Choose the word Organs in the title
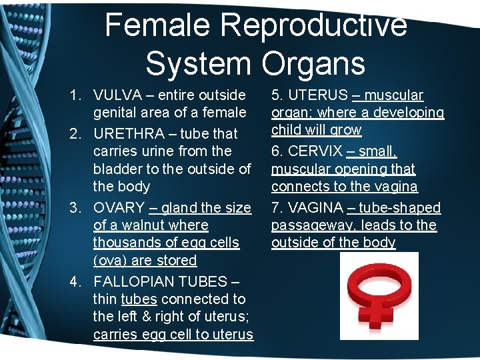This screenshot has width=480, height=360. pyautogui.click(x=313, y=63)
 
